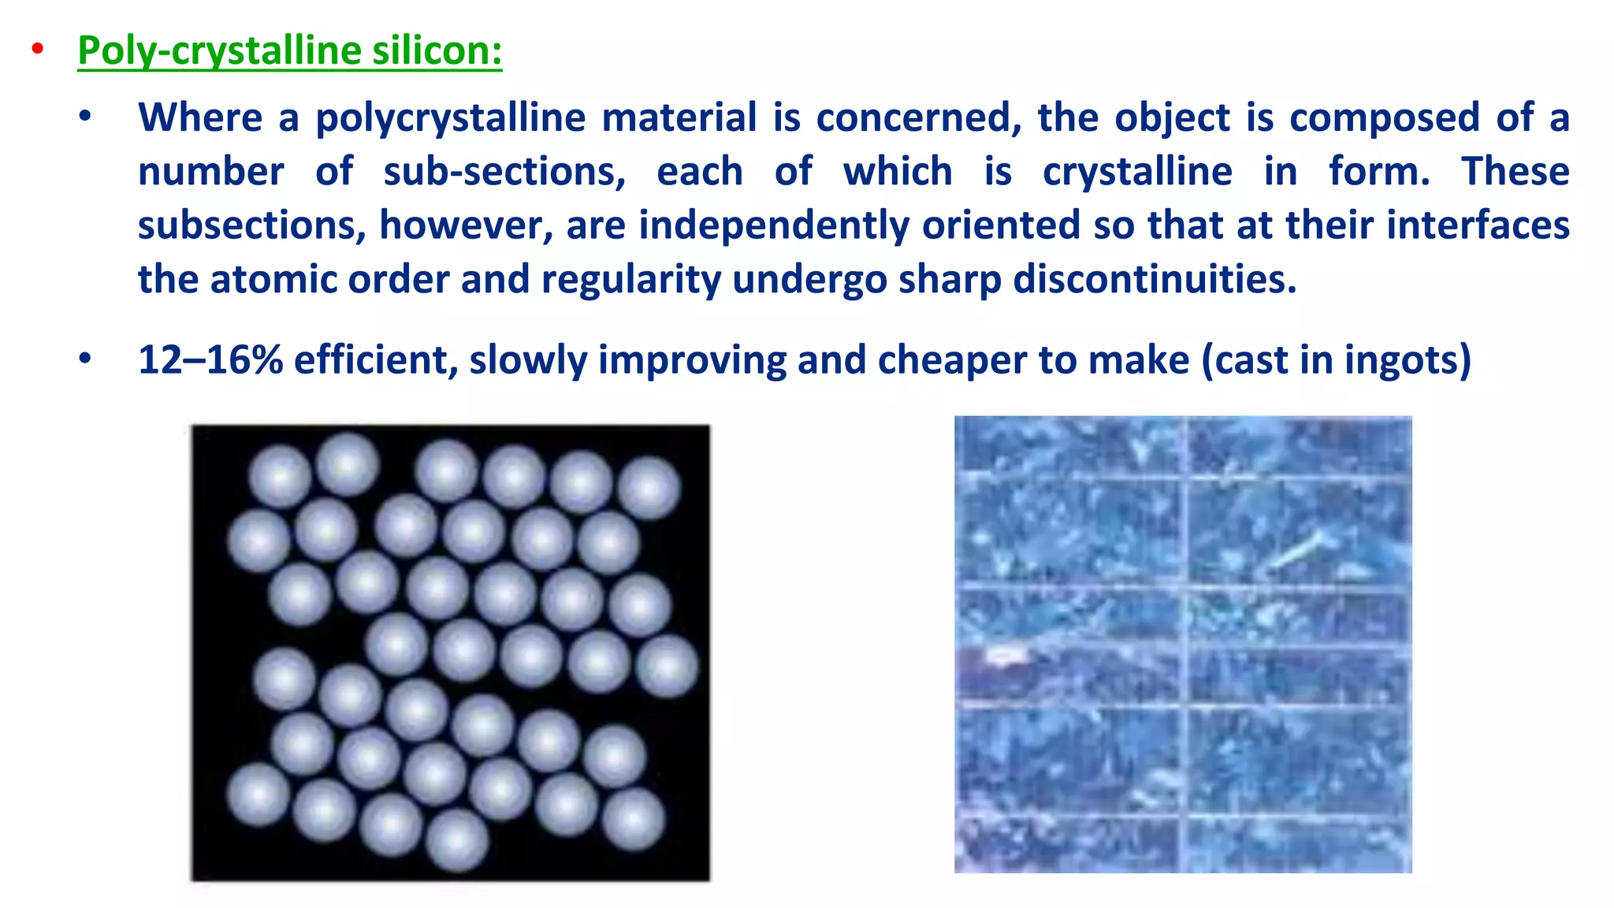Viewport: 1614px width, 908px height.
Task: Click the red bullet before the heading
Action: coord(37,50)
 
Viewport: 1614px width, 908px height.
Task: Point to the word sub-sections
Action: coord(504,172)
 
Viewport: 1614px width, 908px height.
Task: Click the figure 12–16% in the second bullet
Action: coord(210,360)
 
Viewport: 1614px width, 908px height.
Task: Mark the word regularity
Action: coord(631,279)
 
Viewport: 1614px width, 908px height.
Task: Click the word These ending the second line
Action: coord(1515,172)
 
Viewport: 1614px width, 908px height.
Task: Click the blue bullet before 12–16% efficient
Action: coord(85,359)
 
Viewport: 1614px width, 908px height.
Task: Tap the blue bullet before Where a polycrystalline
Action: coord(85,118)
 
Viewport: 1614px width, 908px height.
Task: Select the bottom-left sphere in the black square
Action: coord(258,794)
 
